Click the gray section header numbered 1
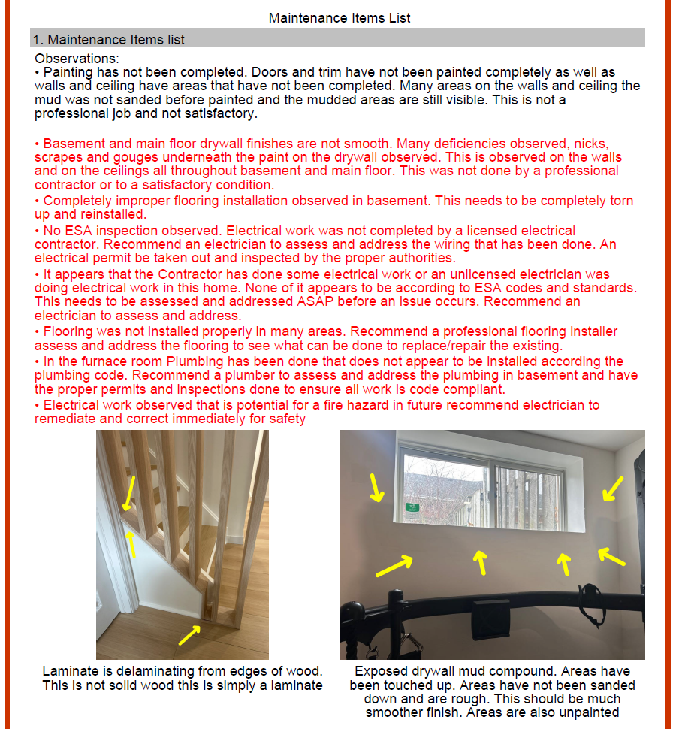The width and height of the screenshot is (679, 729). pyautogui.click(x=337, y=39)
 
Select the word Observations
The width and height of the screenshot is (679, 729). pyautogui.click(x=75, y=59)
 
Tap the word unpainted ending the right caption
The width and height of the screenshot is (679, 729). pyautogui.click(x=590, y=713)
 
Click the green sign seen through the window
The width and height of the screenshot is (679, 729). pyautogui.click(x=412, y=507)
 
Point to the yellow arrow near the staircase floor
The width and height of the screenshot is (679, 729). pyautogui.click(x=189, y=636)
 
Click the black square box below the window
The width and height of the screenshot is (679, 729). pyautogui.click(x=490, y=610)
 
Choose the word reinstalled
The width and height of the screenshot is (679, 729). pyautogui.click(x=108, y=215)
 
